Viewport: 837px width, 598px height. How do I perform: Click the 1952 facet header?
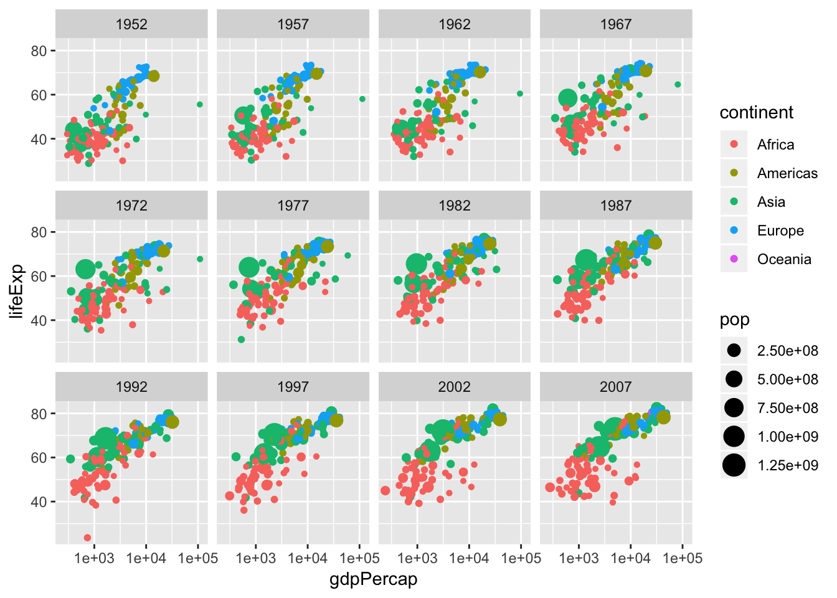131,24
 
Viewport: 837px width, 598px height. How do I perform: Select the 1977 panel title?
293,206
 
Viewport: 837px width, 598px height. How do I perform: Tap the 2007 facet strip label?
615,387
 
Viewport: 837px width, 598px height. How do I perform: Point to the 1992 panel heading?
131,387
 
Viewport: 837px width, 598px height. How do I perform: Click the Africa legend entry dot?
734,145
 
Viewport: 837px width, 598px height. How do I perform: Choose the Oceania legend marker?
734,259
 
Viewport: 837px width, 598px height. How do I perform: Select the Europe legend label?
780,230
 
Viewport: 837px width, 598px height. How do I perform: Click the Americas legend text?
787,173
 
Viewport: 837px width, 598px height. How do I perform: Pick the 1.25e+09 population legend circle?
734,465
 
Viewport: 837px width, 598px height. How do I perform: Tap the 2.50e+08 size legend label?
787,351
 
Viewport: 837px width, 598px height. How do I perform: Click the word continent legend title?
757,113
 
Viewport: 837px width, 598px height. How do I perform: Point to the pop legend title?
735,320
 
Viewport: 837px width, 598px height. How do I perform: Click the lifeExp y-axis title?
17,291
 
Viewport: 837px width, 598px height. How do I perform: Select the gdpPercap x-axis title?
373,579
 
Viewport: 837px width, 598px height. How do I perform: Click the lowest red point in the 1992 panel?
87,538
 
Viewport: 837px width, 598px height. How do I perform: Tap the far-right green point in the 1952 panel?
200,104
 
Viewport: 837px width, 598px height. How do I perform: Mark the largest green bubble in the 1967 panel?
567,98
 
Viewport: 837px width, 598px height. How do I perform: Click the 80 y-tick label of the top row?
39,51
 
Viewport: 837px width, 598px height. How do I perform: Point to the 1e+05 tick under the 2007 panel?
683,558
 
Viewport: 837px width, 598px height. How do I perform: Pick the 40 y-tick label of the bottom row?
39,502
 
